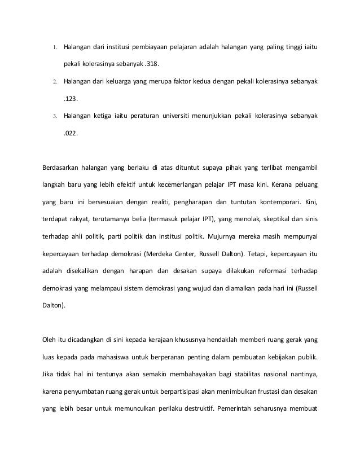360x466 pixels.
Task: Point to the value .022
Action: [x=70, y=135]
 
